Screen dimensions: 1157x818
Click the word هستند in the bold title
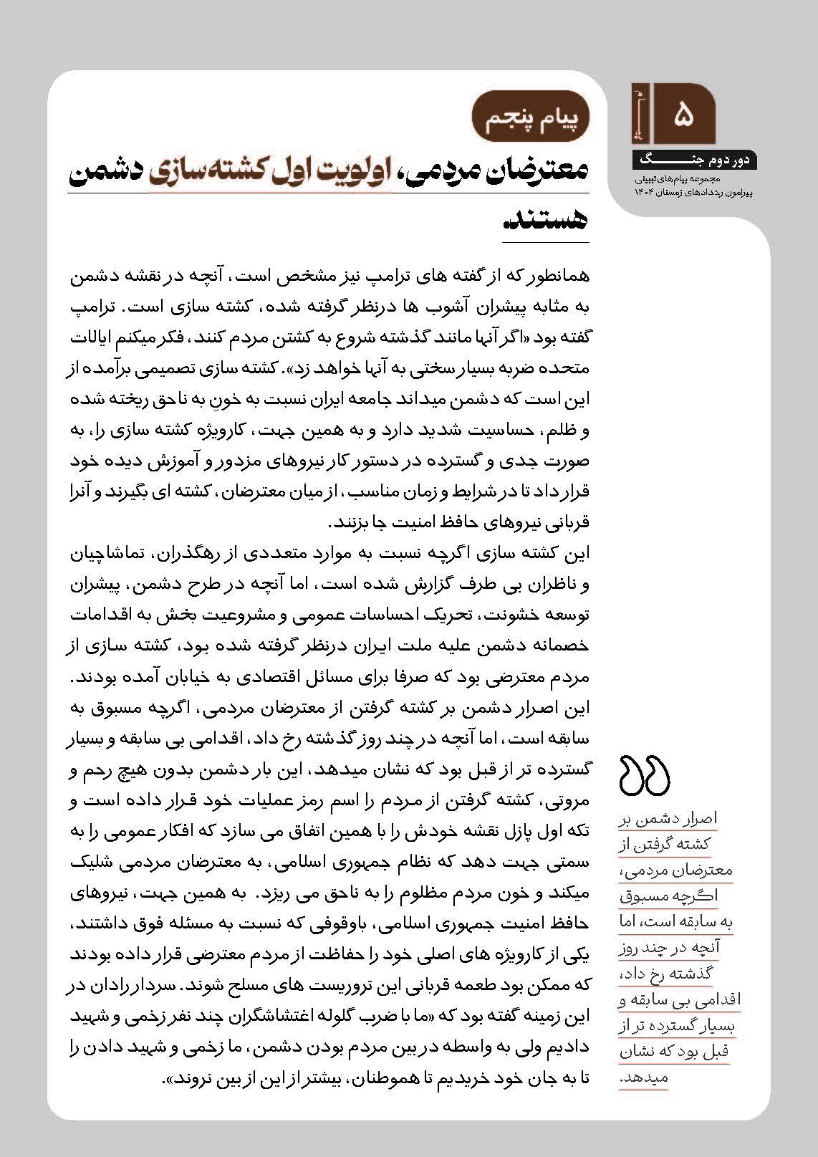tap(545, 220)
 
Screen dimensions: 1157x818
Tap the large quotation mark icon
tap(644, 776)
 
